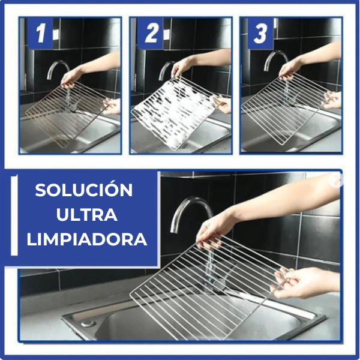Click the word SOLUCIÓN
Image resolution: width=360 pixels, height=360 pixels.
(84, 190)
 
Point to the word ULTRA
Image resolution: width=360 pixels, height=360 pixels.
(84, 215)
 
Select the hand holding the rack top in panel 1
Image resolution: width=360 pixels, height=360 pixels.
(72, 76)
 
